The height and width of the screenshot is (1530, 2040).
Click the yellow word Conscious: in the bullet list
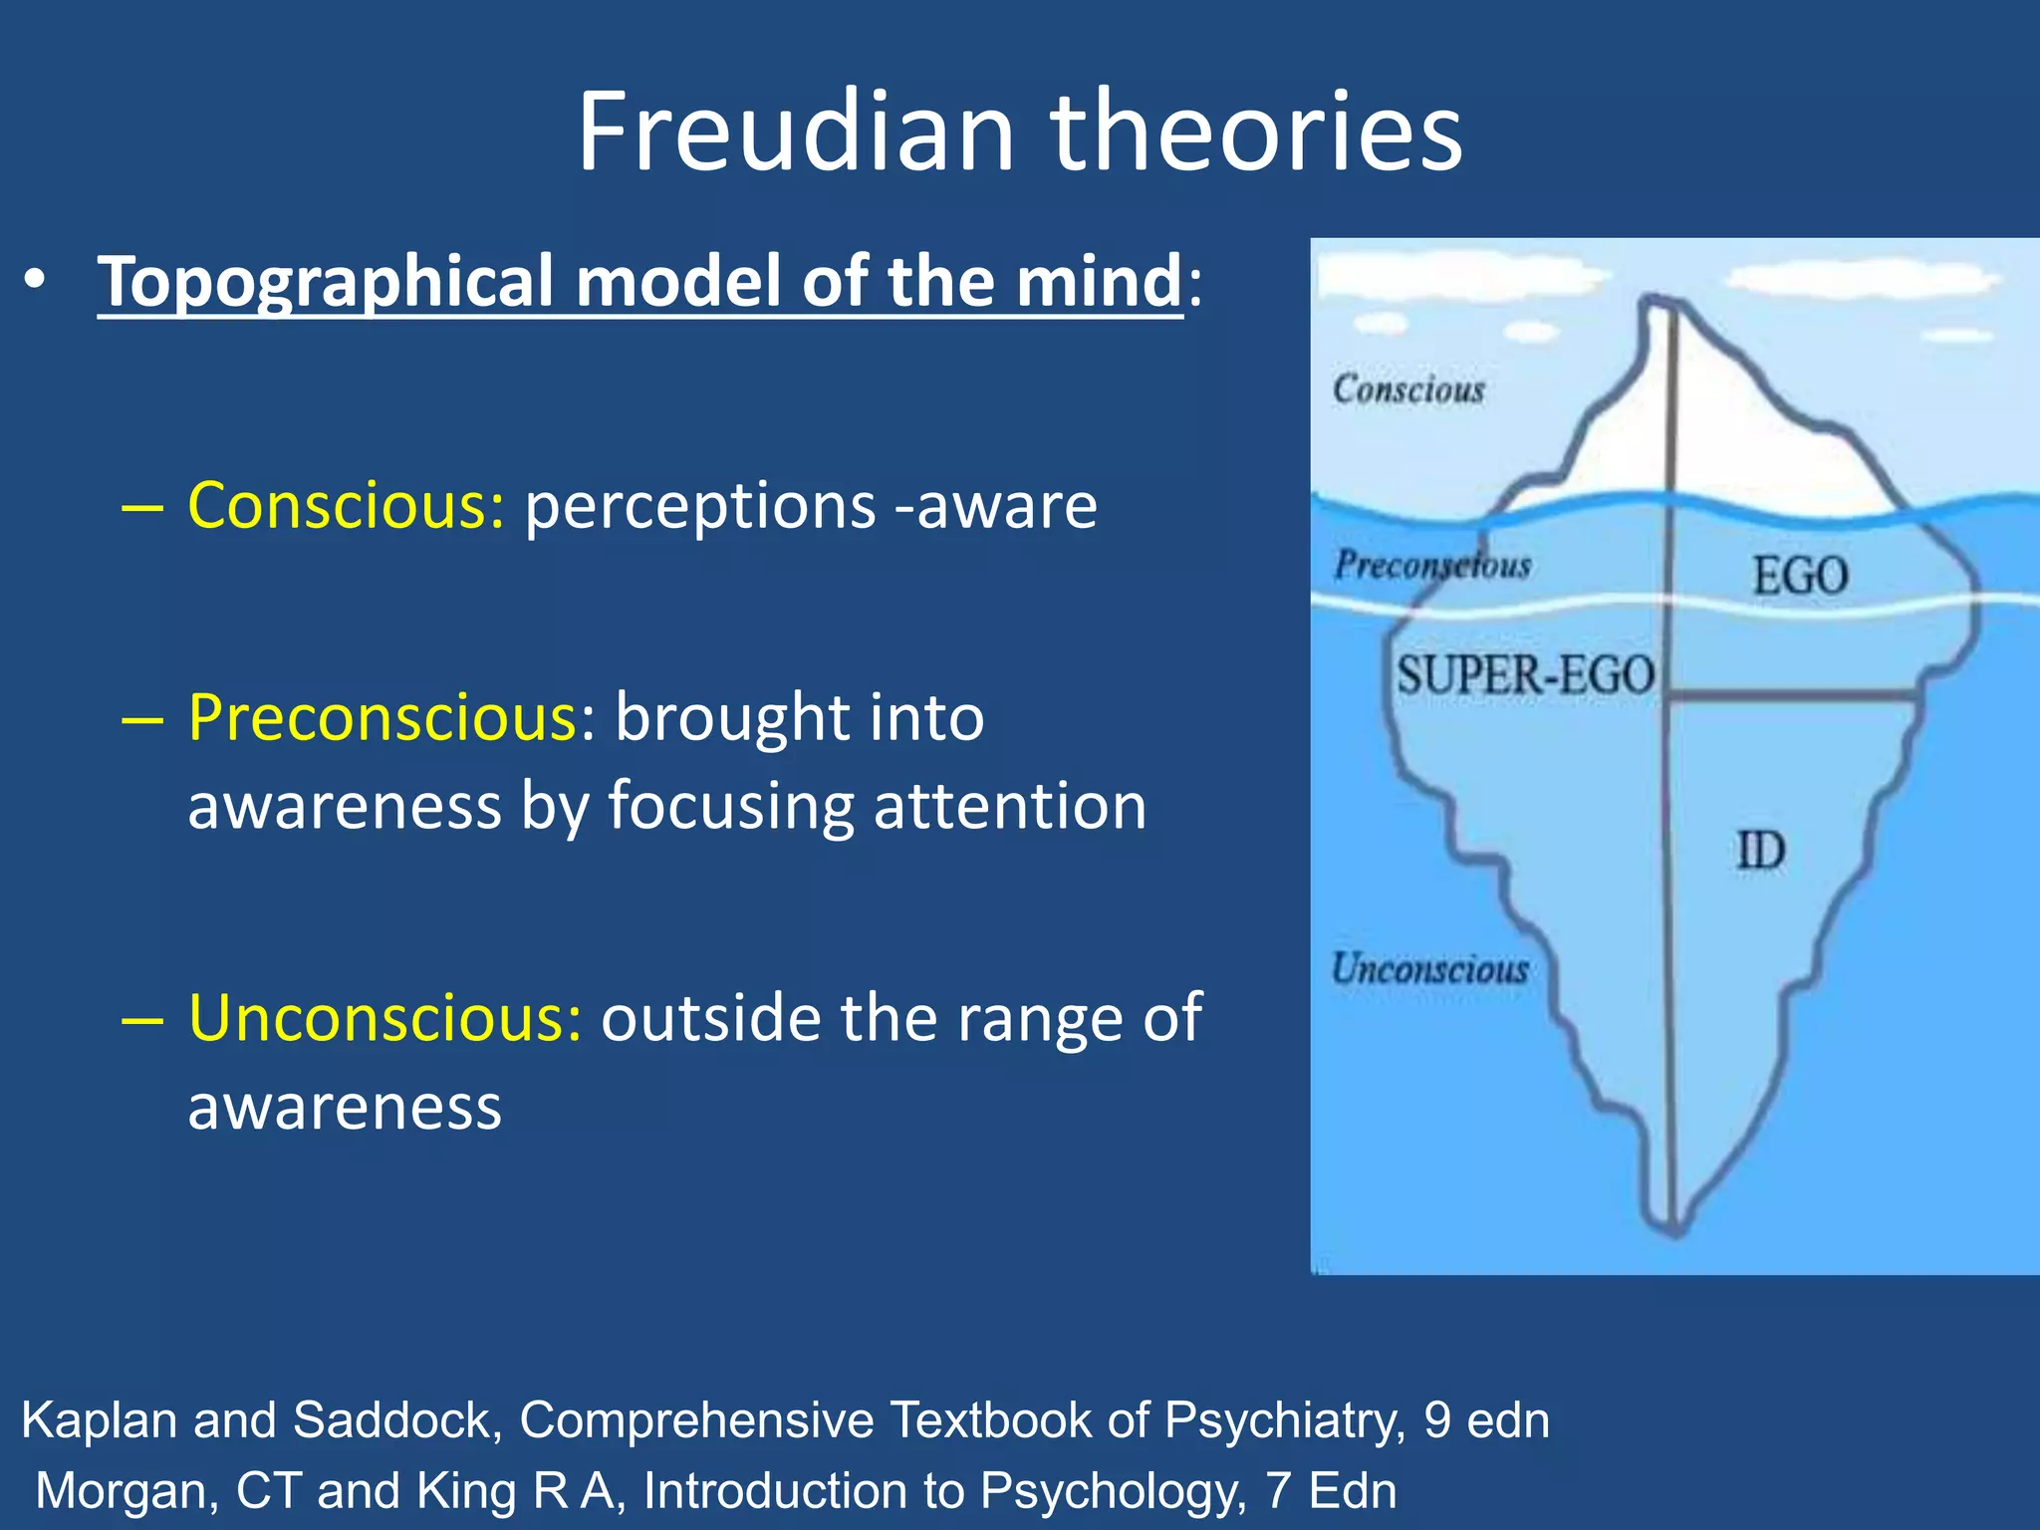point(346,506)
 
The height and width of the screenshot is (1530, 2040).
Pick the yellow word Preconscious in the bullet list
point(382,717)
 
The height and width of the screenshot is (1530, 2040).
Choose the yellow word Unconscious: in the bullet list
point(384,1018)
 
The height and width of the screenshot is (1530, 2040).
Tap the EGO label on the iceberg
point(1800,576)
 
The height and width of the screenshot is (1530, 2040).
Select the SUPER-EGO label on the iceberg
point(1525,675)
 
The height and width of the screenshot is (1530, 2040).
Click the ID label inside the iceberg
point(1760,852)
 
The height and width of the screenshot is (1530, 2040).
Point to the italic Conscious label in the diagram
point(1408,389)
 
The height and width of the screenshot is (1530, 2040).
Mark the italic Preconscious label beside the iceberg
point(1432,565)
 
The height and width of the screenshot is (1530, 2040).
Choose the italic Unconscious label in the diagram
point(1429,968)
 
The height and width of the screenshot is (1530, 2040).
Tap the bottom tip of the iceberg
point(1672,1231)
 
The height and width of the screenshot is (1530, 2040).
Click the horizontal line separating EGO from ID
point(1793,696)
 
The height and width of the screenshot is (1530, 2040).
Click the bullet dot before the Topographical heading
point(36,282)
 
